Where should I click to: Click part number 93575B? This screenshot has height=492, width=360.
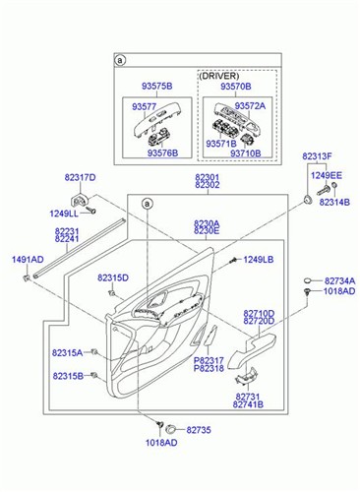[152, 87]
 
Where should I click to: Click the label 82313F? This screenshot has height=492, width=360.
[317, 156]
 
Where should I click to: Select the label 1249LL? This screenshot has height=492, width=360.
[66, 214]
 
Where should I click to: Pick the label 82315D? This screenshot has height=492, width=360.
[113, 278]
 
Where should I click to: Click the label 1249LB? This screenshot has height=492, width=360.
[258, 259]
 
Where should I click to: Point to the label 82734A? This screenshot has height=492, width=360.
[339, 280]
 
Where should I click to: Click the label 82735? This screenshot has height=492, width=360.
[199, 430]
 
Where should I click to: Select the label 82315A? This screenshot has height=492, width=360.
[68, 352]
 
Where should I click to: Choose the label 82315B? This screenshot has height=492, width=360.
[68, 376]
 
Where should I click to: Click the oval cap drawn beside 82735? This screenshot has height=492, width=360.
[171, 429]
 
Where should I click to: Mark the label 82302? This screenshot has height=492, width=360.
[208, 185]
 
